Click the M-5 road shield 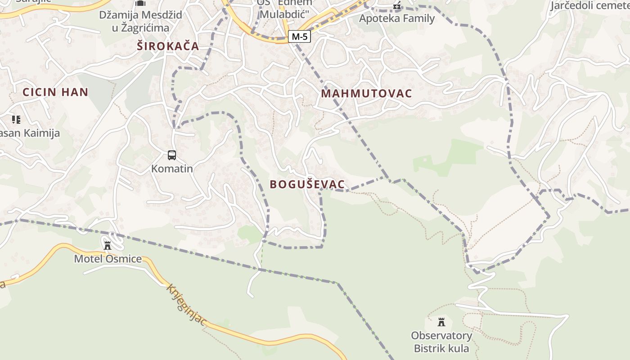(299, 37)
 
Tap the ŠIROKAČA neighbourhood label (168, 46)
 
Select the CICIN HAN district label (55, 92)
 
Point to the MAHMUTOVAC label (367, 94)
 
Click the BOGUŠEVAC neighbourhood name (307, 184)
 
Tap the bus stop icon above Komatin (172, 155)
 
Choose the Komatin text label (172, 169)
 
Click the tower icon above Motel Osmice (108, 245)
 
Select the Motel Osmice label (108, 259)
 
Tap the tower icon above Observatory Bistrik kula (441, 322)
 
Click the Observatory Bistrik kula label (441, 342)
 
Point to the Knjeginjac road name (186, 305)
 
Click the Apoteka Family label (397, 18)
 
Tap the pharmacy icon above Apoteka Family (397, 6)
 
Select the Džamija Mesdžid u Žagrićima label (141, 21)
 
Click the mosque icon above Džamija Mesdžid (141, 3)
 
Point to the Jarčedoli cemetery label (590, 5)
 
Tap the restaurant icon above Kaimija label (16, 120)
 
